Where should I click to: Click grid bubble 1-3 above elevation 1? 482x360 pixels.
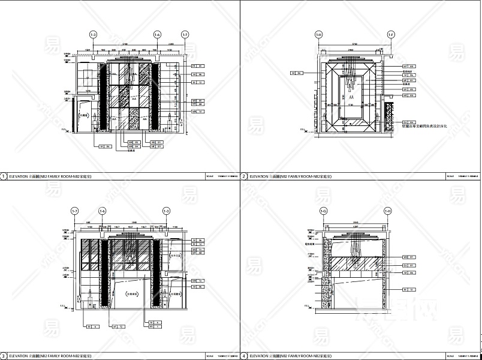click(94, 34)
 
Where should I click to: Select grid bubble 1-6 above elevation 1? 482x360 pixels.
click(157, 34)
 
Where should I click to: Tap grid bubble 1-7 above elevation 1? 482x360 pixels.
click(185, 34)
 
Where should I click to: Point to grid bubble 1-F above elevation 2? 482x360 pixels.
click(391, 34)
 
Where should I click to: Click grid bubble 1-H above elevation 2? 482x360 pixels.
click(319, 34)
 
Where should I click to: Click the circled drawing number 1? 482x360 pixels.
click(4, 176)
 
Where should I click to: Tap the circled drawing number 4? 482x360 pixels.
click(244, 356)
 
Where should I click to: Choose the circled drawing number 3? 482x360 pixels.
click(4, 356)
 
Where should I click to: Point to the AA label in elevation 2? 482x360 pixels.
click(351, 96)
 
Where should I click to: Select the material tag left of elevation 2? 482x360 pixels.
click(296, 73)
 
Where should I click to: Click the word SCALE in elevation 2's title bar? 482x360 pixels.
click(450, 176)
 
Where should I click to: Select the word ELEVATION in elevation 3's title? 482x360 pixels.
click(18, 356)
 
